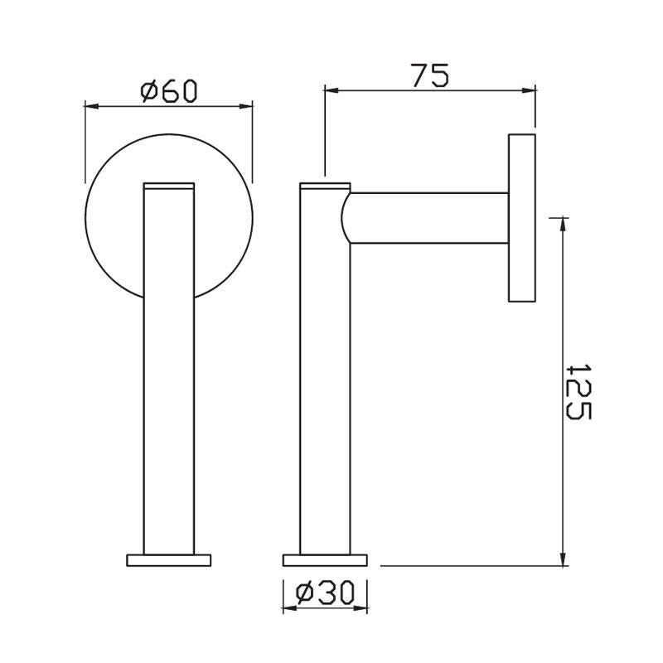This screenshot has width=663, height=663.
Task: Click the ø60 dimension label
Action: click(x=169, y=90)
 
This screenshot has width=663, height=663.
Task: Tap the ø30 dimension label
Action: click(x=325, y=592)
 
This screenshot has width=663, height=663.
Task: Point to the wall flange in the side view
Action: click(x=520, y=218)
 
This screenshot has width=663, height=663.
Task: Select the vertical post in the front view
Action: click(x=169, y=373)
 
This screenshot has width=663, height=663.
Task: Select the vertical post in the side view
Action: click(x=324, y=373)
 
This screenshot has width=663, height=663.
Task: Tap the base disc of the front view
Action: click(x=169, y=559)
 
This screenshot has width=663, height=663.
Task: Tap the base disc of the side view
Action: click(x=324, y=559)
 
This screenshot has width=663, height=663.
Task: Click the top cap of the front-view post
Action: click(x=169, y=186)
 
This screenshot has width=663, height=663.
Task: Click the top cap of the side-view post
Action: click(x=324, y=186)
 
